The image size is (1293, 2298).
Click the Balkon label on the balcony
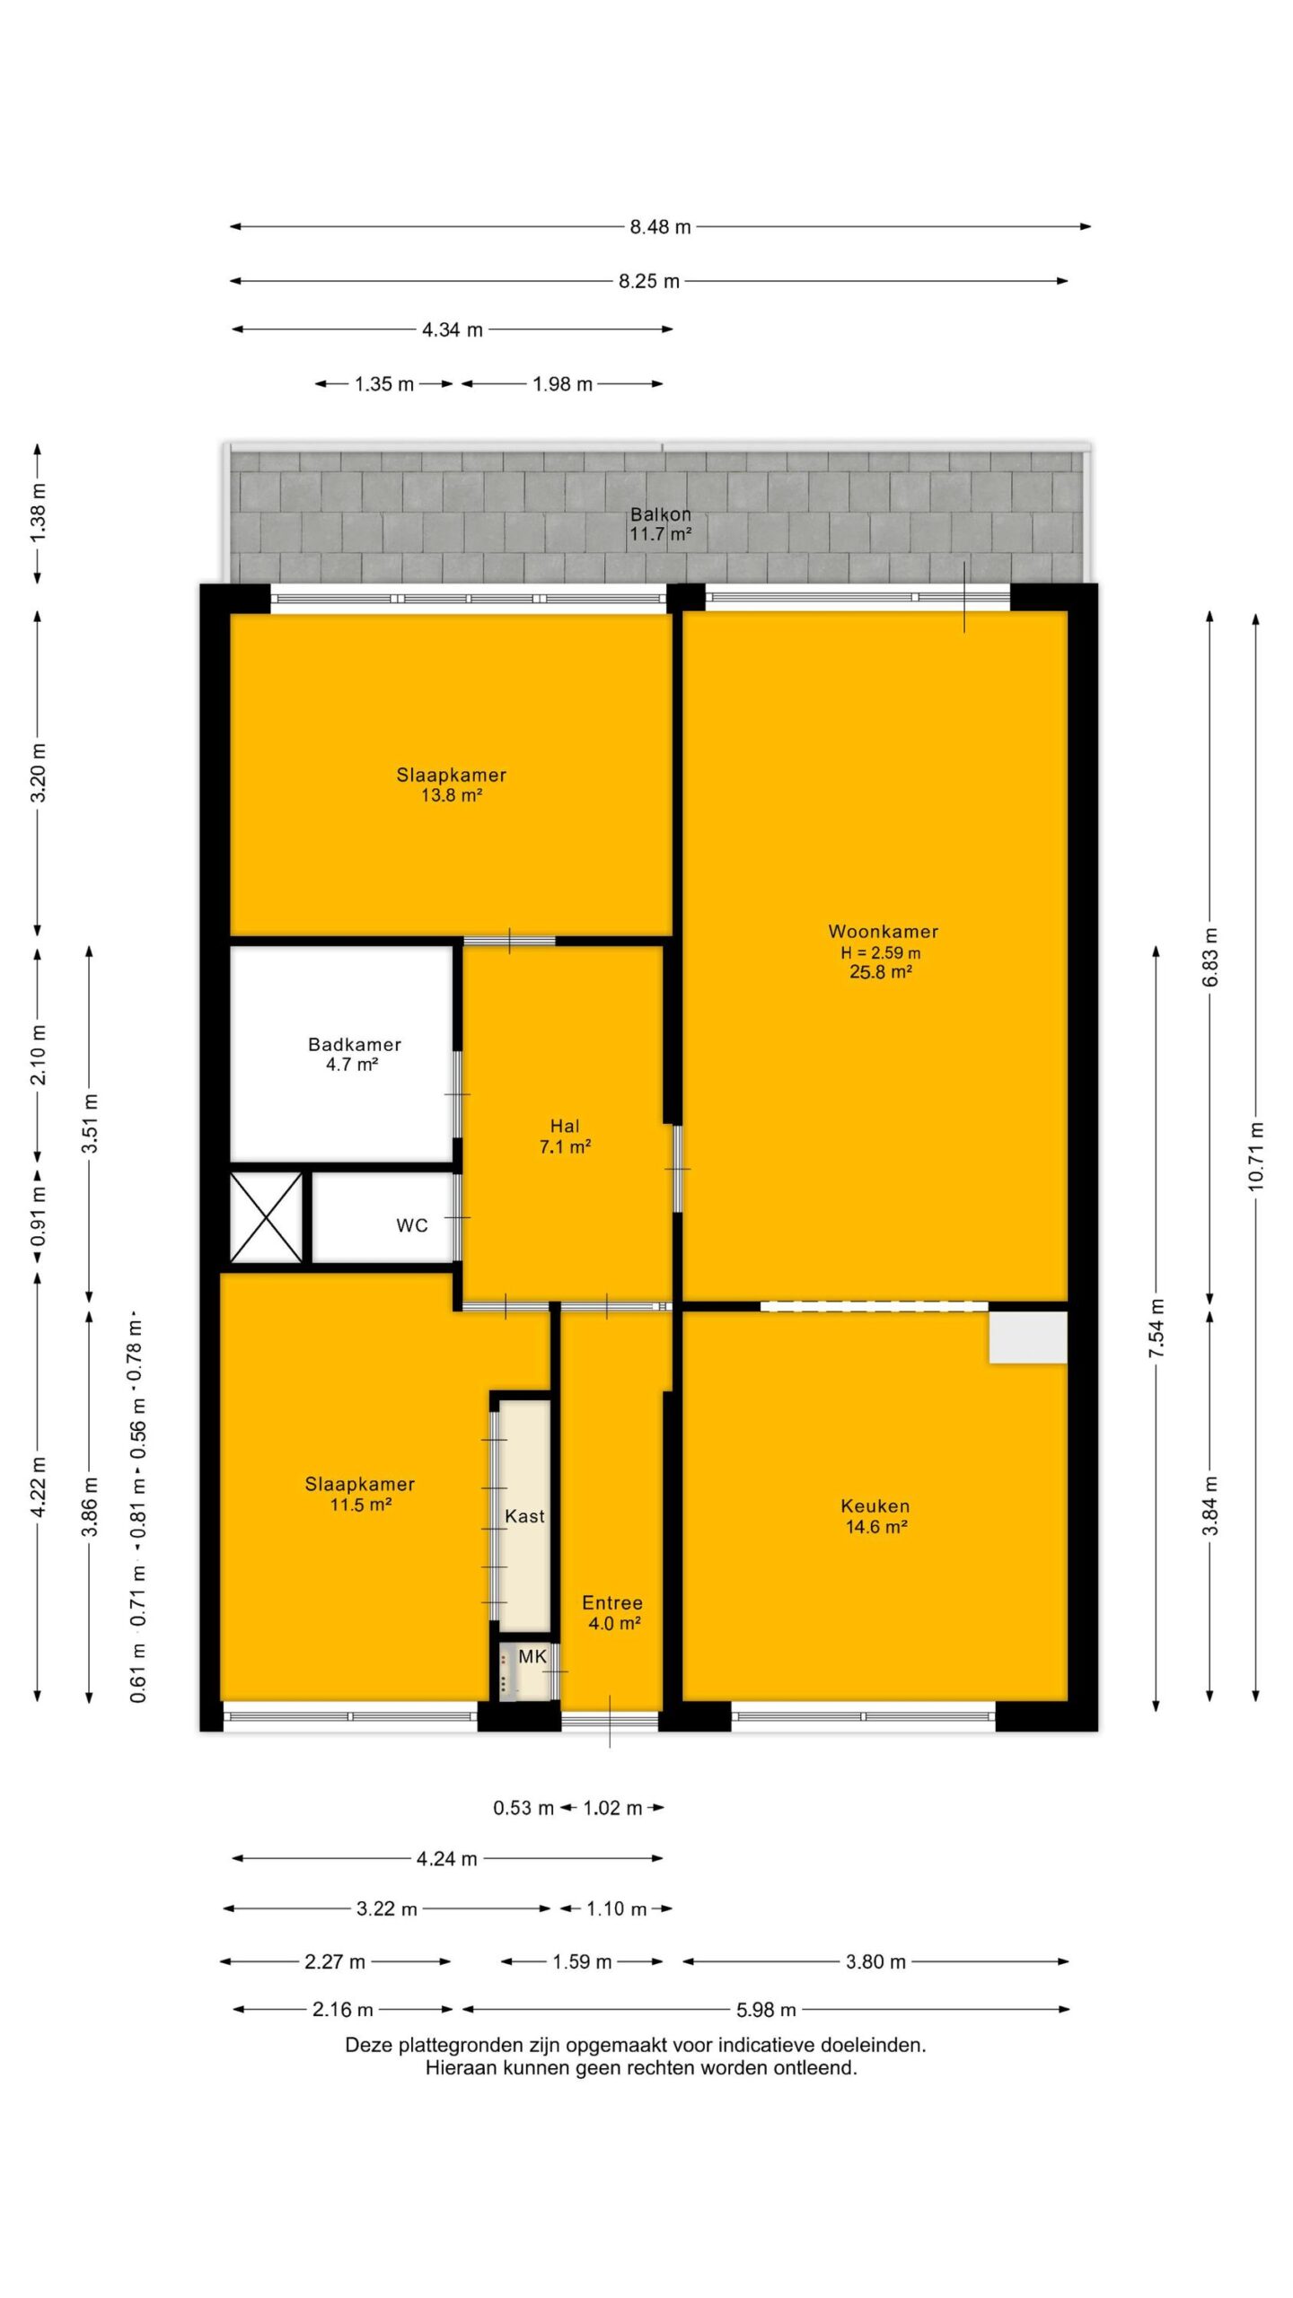click(661, 514)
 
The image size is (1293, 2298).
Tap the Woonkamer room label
click(883, 932)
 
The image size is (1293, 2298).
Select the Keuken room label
click(875, 1506)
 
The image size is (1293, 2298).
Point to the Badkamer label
click(354, 1044)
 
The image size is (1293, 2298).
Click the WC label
click(412, 1225)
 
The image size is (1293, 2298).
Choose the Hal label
click(565, 1126)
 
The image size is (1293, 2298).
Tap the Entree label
click(612, 1602)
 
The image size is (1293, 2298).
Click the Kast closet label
click(524, 1516)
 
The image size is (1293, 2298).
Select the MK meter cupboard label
click(532, 1656)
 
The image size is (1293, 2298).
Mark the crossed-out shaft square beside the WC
click(267, 1217)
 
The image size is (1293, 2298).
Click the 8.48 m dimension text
click(660, 227)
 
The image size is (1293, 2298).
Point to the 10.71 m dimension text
click(1255, 1156)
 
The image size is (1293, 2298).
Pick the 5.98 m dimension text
click(766, 2010)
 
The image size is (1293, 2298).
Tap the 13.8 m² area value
click(452, 794)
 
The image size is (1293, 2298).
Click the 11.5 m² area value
click(360, 1504)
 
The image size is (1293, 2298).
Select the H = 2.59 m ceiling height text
click(880, 952)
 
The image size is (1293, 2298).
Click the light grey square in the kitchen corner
click(1028, 1338)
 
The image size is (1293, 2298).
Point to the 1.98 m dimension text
click(562, 384)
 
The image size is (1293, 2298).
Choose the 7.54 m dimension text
click(1157, 1328)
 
